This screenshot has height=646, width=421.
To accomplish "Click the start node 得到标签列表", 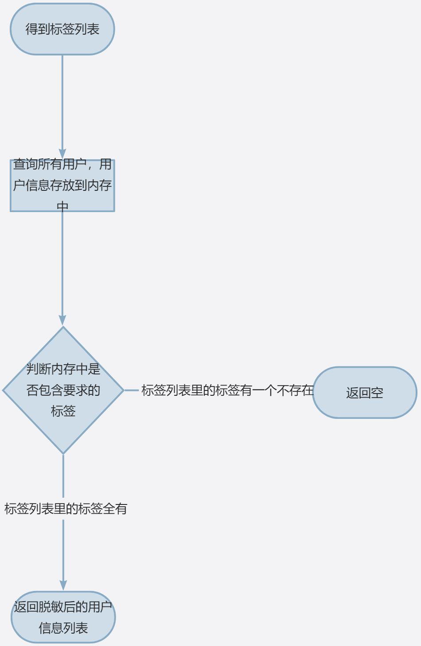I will (62, 29).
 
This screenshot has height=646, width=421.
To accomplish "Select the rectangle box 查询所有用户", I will (62, 185).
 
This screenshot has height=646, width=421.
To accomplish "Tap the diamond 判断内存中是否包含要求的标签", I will (63, 390).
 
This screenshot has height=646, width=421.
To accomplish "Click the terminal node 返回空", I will (364, 393).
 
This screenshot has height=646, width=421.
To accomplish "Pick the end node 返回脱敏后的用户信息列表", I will (63, 617).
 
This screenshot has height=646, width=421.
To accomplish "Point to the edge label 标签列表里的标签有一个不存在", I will (227, 390).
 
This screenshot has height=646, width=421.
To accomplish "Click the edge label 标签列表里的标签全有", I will (66, 508).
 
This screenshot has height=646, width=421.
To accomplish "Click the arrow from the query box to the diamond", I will (62, 266).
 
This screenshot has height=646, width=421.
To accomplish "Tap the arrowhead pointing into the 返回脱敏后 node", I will (63, 585).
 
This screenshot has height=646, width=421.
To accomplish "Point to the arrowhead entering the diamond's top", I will (62, 320).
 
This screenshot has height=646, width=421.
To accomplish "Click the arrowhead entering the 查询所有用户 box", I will (62, 154).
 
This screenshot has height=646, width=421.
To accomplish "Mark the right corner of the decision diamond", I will (123, 390).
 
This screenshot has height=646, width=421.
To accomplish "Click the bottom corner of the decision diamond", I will (63, 453).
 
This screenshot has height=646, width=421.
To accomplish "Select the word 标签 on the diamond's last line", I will (63, 411).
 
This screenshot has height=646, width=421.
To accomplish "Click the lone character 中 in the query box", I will (62, 206).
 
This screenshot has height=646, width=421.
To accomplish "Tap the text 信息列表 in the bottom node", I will (63, 628).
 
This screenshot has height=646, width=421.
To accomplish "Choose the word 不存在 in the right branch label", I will (295, 390).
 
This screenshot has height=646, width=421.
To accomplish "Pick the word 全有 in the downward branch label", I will (115, 508).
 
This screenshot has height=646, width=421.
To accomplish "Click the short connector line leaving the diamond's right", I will (132, 390).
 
